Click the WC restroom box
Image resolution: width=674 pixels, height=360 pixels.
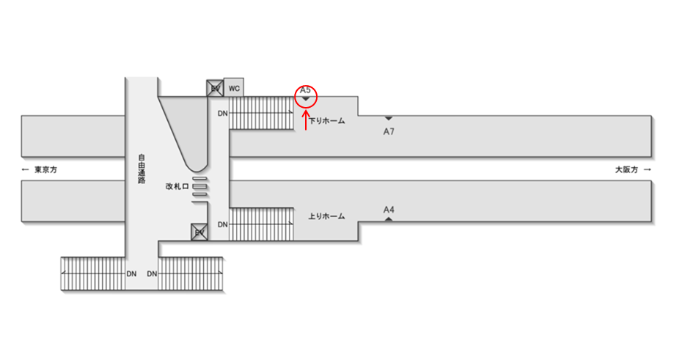(x=234, y=88)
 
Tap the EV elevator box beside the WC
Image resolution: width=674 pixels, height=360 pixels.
(x=215, y=88)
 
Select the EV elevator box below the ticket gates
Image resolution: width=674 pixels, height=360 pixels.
(x=198, y=232)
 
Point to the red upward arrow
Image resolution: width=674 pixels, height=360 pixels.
(x=306, y=119)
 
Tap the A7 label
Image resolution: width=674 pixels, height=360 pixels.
(x=389, y=131)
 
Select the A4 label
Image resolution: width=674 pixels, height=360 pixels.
(x=389, y=210)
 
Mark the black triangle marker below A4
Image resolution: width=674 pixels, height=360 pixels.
(x=389, y=218)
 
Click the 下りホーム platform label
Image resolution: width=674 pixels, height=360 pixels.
(x=327, y=121)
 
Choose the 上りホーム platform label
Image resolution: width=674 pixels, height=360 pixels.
(x=326, y=216)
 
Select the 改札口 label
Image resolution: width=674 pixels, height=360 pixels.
(x=177, y=187)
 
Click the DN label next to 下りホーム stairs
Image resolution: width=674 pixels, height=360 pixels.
(x=222, y=114)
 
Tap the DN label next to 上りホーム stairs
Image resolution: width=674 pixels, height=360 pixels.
(x=222, y=224)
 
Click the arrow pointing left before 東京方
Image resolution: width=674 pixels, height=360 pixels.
(x=26, y=170)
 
